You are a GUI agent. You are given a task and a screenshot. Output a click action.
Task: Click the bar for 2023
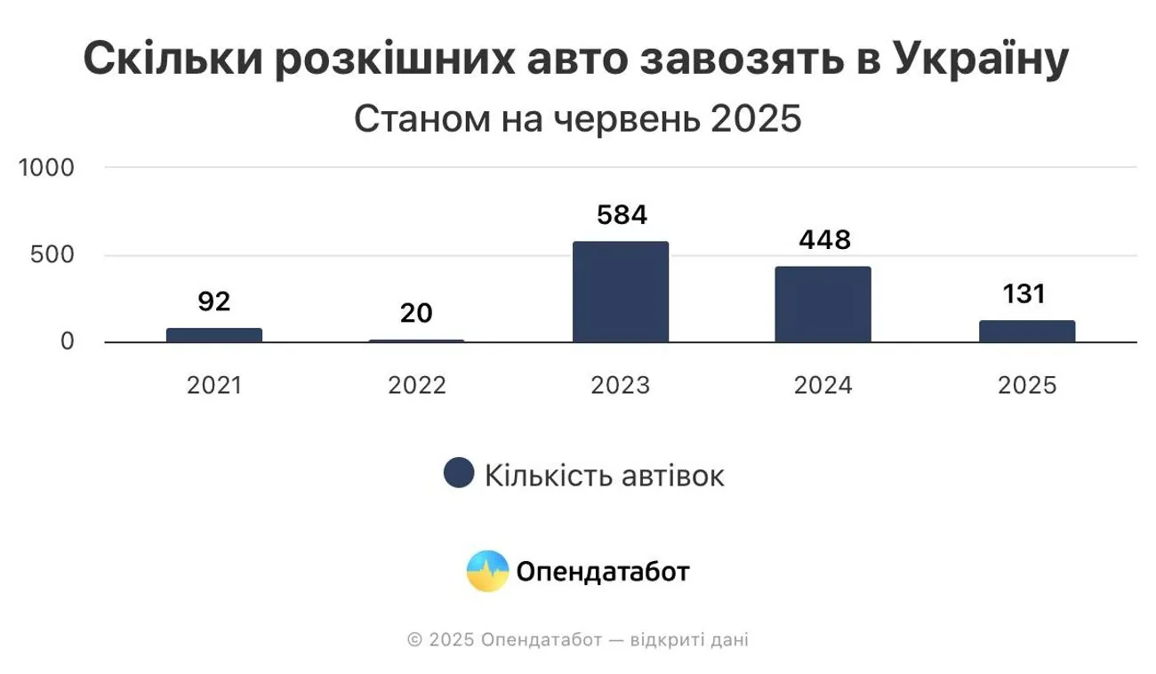[621, 292]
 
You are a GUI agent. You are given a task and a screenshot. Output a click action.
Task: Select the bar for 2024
[823, 304]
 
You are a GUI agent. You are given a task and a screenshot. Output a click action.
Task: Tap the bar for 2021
[214, 335]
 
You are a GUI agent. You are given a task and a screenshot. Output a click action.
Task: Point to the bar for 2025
[1027, 332]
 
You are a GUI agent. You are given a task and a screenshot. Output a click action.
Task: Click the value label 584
[621, 216]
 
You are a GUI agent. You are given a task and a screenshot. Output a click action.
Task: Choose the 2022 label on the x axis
[416, 386]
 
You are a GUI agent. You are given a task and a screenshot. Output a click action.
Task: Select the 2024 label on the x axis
[823, 386]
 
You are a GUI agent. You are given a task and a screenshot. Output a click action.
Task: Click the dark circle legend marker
[458, 474]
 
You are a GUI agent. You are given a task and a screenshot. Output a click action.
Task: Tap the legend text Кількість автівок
[604, 475]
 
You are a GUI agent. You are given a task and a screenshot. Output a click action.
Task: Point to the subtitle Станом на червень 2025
[578, 119]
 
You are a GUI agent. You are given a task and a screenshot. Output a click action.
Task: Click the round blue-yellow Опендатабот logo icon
[488, 571]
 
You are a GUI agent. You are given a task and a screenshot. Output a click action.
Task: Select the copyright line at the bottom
[578, 640]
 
